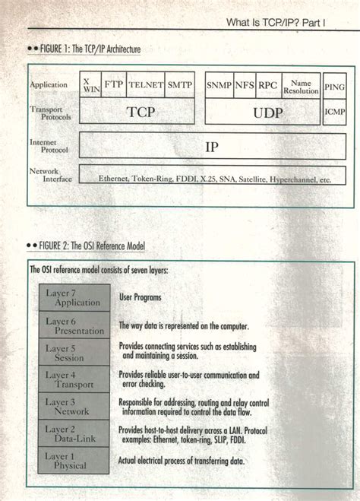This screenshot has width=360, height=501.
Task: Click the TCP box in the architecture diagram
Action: click(141, 112)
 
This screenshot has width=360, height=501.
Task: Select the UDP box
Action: click(261, 112)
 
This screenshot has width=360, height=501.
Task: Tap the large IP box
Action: click(212, 145)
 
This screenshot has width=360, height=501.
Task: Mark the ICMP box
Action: click(334, 112)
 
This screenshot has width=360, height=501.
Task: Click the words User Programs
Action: click(140, 298)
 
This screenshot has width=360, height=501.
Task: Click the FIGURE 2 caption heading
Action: click(89, 246)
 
